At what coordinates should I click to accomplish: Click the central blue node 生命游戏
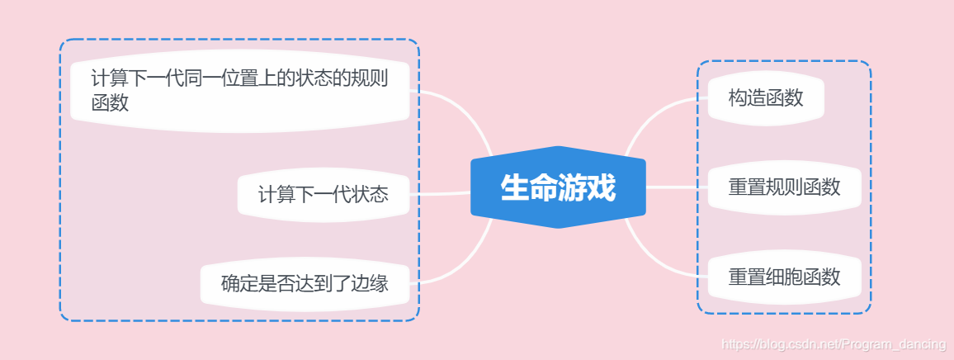coord(558,187)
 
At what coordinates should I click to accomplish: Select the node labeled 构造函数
coord(765,98)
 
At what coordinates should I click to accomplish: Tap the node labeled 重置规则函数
coord(784,187)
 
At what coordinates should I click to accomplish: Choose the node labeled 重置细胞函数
coord(784,277)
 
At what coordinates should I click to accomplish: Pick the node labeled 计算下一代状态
coord(324,196)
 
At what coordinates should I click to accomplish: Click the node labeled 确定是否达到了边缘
coord(305,285)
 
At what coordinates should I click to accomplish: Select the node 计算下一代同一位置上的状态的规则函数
coord(239,90)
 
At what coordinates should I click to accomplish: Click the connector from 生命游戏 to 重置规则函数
coord(677,187)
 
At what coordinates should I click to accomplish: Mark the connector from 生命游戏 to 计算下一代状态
coord(442,195)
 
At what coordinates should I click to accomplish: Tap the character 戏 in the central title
coord(601,188)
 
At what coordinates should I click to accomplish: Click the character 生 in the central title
coord(515,188)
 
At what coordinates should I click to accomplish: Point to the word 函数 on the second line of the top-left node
coord(111,103)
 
